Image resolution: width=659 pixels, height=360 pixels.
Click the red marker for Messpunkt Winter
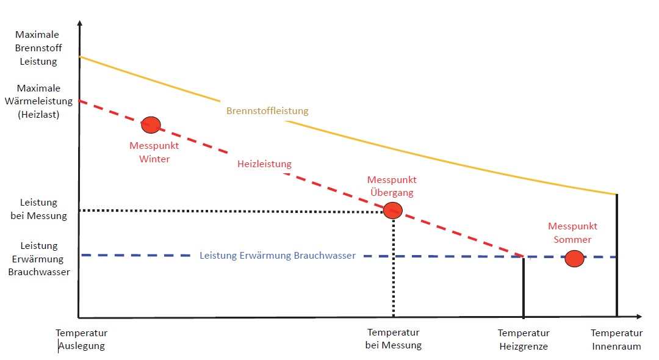pyautogui.click(x=151, y=124)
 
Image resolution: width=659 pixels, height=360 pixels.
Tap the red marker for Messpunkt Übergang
pyautogui.click(x=393, y=211)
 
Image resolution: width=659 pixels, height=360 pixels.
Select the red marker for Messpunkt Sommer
pyautogui.click(x=574, y=258)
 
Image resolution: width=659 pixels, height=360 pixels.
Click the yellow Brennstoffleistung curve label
pyautogui.click(x=267, y=111)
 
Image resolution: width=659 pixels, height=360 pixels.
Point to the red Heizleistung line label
pyautogui.click(x=264, y=164)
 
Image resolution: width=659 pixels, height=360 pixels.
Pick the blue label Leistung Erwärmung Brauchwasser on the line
pyautogui.click(x=278, y=256)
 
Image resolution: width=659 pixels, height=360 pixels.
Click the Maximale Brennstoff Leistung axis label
pyautogui.click(x=38, y=48)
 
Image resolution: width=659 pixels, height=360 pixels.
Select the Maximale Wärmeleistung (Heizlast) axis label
pyautogui.click(x=38, y=101)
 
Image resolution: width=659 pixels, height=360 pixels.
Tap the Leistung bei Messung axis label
pyautogui.click(x=38, y=209)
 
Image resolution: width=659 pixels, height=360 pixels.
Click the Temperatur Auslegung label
pyautogui.click(x=82, y=340)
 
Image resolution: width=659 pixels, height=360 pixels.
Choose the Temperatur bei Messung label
pyautogui.click(x=394, y=339)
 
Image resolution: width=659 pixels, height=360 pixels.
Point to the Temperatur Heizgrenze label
pyautogui.click(x=524, y=340)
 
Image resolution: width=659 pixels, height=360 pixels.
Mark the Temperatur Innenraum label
pyautogui.click(x=616, y=340)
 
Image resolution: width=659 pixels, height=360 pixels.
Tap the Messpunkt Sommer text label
pyautogui.click(x=572, y=232)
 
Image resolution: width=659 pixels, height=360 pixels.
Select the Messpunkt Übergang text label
pyautogui.click(x=392, y=186)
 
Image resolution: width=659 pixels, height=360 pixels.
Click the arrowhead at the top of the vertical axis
pyautogui.click(x=79, y=24)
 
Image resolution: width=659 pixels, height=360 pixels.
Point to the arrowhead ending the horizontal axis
pyautogui.click(x=638, y=317)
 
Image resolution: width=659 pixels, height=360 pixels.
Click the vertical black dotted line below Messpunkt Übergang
pyautogui.click(x=394, y=268)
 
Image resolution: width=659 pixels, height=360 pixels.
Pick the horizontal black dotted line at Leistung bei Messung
pyautogui.click(x=232, y=211)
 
